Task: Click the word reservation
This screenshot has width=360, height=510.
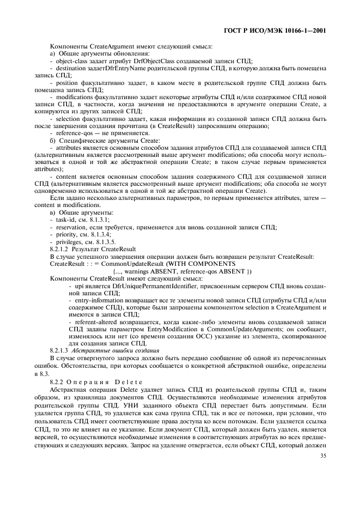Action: click(x=71, y=227)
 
